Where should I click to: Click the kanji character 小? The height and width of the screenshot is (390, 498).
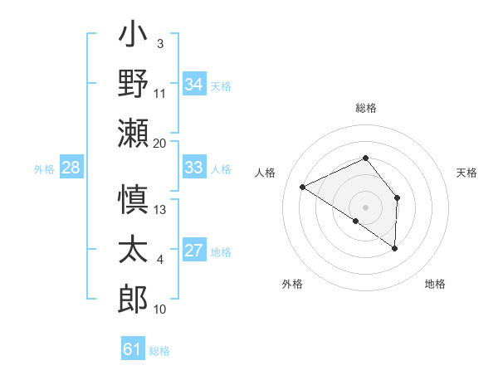133,38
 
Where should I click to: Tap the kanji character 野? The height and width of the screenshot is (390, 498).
133,85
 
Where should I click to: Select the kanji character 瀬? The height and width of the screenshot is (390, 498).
133,132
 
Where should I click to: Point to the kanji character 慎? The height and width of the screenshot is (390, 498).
133,202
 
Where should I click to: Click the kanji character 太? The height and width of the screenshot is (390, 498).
133,250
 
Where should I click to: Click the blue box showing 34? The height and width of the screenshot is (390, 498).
194,84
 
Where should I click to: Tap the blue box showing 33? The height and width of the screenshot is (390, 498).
194,168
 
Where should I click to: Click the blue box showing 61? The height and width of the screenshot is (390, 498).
133,349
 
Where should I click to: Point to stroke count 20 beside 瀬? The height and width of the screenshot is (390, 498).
160,143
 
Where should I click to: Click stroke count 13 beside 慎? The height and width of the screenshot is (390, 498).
160,210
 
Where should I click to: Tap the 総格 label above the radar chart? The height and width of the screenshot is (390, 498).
366,108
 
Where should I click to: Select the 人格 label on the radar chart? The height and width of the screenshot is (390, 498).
266,173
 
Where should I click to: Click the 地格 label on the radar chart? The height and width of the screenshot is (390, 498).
435,284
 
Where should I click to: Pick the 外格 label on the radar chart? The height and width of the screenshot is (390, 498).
292,284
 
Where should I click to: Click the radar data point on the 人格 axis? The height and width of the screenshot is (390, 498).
303,187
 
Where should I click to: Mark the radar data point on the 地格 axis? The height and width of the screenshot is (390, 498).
395,248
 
